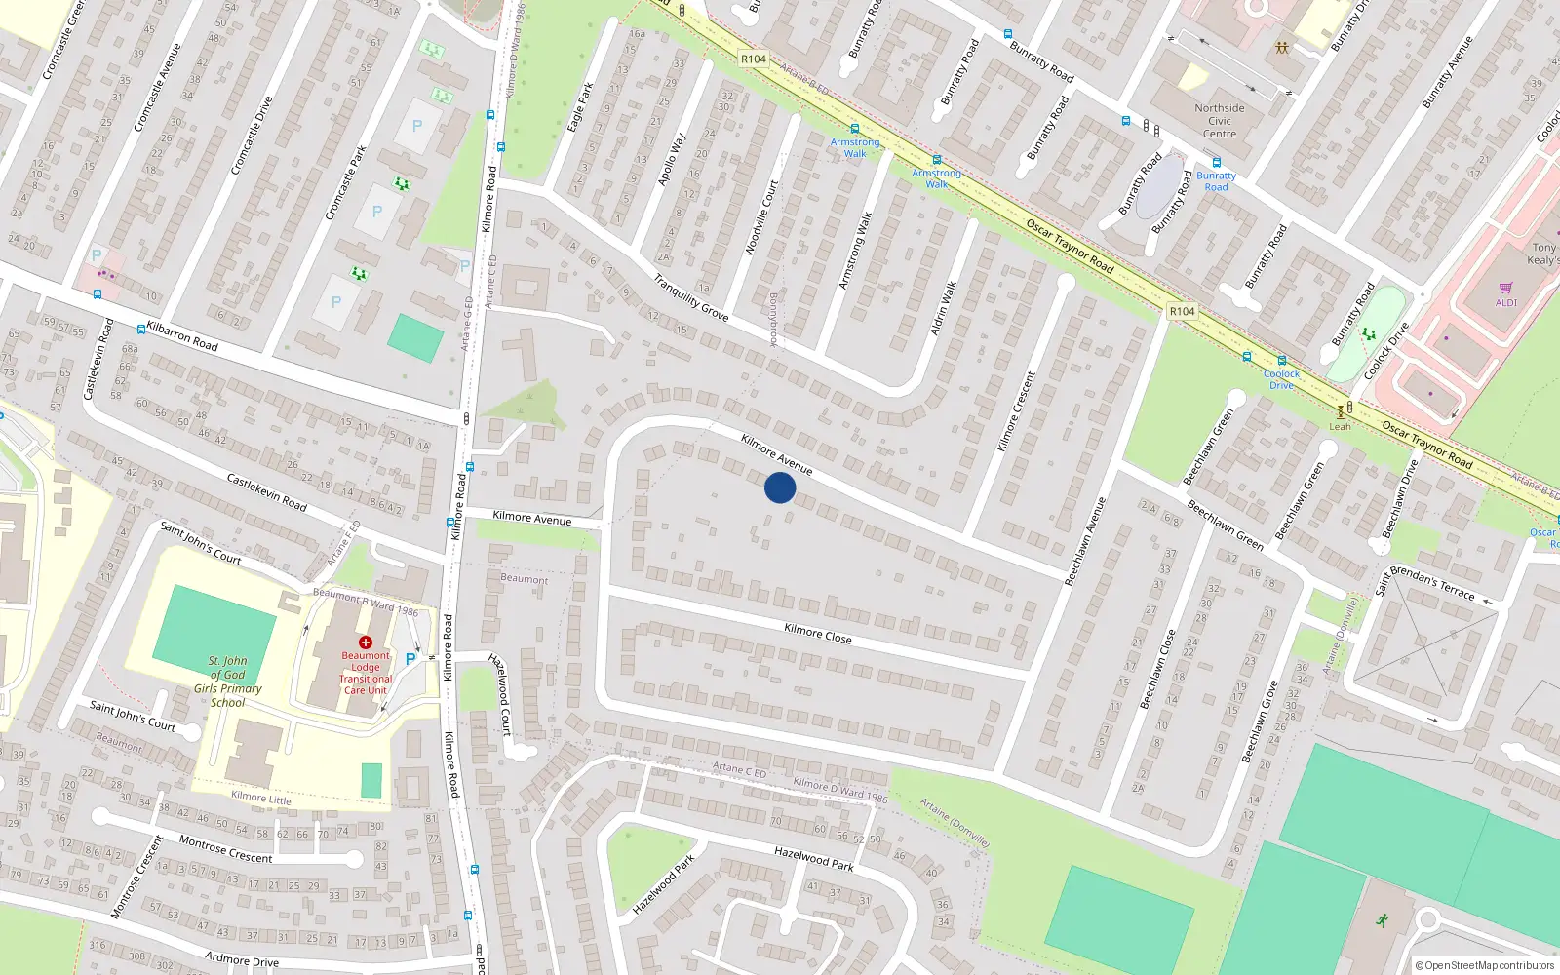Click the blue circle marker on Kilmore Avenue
click(780, 487)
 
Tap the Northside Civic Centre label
click(1220, 121)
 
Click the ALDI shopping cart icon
click(1506, 289)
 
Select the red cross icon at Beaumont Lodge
click(366, 643)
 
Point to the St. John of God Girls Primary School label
click(227, 682)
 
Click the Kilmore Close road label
click(818, 634)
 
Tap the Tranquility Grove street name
click(691, 298)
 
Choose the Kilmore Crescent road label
click(1016, 411)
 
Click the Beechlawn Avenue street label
click(1085, 541)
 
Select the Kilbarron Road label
click(182, 336)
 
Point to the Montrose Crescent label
click(225, 849)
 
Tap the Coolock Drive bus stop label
click(1282, 379)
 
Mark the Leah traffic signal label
click(1341, 426)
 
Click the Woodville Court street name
click(761, 217)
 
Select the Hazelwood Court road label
click(500, 693)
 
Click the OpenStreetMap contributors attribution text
click(1485, 965)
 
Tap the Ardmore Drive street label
click(242, 959)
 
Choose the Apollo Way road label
click(672, 160)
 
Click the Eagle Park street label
click(581, 107)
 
